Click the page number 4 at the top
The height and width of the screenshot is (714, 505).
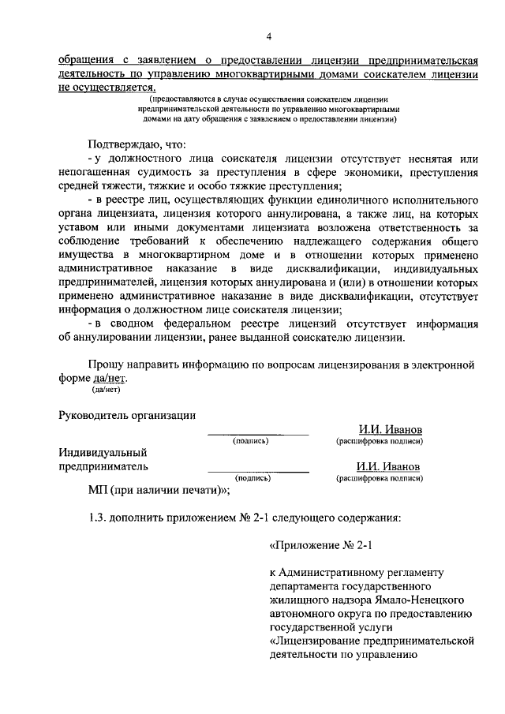[268, 36]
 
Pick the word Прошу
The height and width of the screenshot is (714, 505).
[107, 364]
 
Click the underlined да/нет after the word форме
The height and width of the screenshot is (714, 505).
[110, 378]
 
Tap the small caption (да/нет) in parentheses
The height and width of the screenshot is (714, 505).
[106, 389]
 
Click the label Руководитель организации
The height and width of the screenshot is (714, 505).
[127, 416]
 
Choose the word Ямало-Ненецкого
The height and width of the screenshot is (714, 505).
[411, 601]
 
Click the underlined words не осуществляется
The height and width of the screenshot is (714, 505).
[104, 88]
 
